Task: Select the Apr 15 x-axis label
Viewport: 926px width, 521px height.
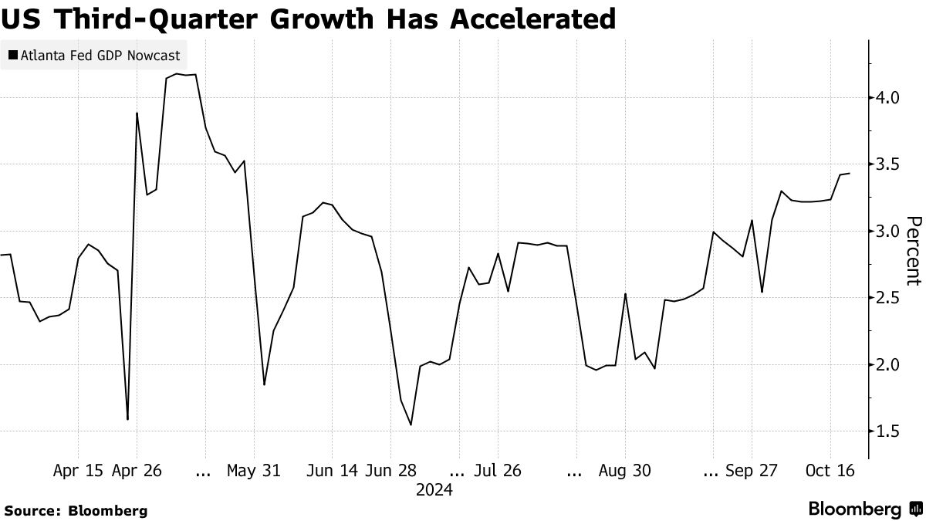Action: click(x=78, y=470)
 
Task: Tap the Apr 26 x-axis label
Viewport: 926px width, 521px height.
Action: click(x=137, y=470)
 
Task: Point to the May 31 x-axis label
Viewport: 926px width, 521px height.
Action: click(x=254, y=470)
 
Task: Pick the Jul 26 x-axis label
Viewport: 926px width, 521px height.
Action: click(x=497, y=470)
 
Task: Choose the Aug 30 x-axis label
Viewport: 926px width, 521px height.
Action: click(x=624, y=470)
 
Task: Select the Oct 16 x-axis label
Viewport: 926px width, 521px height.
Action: click(x=830, y=470)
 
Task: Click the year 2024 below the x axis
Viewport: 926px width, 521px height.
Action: click(x=434, y=490)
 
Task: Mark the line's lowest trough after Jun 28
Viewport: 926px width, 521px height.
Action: click(x=411, y=425)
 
